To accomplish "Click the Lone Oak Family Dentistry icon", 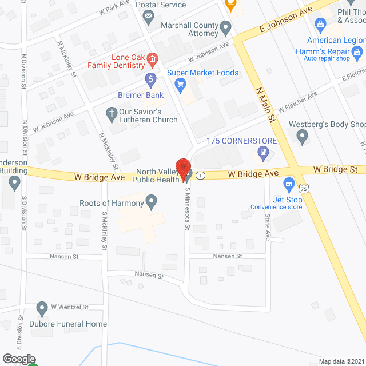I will [x=152, y=58].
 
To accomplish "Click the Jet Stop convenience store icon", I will [x=289, y=185].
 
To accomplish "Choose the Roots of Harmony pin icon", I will [x=152, y=201].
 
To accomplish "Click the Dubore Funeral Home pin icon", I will [x=42, y=309].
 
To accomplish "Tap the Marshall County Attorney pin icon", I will [x=226, y=26].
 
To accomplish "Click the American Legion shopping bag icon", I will [x=320, y=25].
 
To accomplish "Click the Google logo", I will [x=18, y=359].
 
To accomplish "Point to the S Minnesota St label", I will [x=187, y=210].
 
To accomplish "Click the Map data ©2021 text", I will [x=340, y=361].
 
